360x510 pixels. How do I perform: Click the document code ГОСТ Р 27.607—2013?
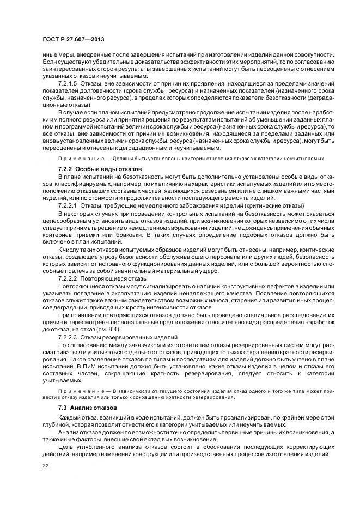(x=74, y=40)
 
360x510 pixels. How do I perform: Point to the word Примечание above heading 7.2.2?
(x=77, y=159)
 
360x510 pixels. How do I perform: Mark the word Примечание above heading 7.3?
(x=77, y=392)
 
